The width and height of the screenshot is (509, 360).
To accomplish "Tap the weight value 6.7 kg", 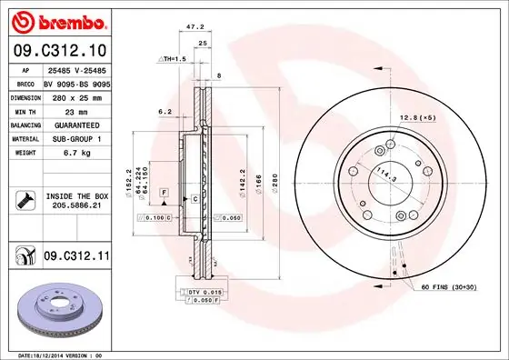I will [x=75, y=154].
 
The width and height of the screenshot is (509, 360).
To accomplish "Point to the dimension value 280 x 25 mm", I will [x=75, y=95].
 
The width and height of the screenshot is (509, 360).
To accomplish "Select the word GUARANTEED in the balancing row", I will [x=75, y=125].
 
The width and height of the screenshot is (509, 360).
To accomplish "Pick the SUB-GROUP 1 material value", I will [x=75, y=139].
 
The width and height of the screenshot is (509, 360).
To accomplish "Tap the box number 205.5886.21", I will [x=75, y=205].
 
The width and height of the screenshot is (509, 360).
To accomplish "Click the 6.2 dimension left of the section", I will [x=165, y=112].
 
